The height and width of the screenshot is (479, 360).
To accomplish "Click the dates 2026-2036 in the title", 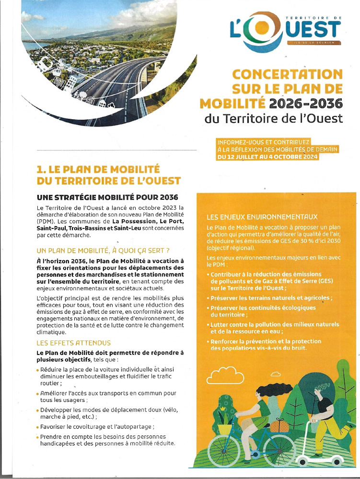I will tap(313, 103).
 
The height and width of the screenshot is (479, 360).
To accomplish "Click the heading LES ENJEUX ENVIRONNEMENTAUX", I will tap(262, 217).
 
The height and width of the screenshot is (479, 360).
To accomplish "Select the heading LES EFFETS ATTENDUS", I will tap(74, 343).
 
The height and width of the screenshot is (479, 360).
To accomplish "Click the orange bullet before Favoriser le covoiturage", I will tap(37, 427).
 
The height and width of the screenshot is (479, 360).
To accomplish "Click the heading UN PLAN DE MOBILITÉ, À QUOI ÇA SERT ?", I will tap(103, 251).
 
